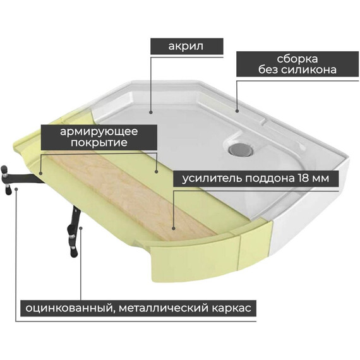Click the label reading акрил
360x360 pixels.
coord(186,46)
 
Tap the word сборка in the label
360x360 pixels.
coord(297,59)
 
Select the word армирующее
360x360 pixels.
coord(99,132)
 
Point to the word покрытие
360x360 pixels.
coord(99,143)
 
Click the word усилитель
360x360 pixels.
coord(212,179)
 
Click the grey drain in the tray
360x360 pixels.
coord(241,149)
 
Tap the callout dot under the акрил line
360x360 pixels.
coord(150,112)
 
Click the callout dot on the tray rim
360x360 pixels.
coord(237,111)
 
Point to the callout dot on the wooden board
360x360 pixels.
coord(174,229)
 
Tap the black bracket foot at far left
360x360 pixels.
coord(7,180)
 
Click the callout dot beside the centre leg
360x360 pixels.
coord(81,228)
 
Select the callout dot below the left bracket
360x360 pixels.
coord(16,189)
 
